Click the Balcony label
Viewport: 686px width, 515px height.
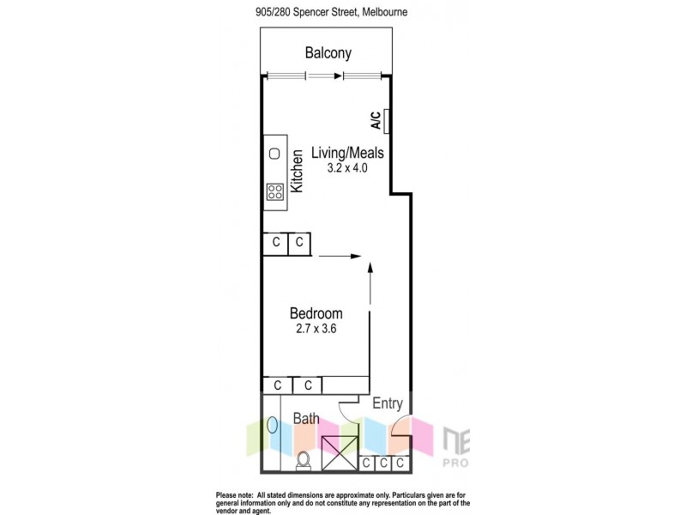click(328, 53)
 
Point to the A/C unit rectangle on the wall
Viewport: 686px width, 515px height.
click(388, 121)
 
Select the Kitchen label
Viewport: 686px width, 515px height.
click(298, 171)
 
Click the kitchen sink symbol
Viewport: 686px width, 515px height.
click(274, 154)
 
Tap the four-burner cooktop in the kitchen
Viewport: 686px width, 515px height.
click(275, 192)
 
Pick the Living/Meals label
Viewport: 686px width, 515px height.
click(347, 153)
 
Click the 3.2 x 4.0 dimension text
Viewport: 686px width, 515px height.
click(347, 168)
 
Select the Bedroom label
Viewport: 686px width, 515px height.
click(316, 313)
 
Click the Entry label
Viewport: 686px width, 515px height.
click(387, 403)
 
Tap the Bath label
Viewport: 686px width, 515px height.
click(306, 419)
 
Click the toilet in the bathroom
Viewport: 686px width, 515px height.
click(302, 461)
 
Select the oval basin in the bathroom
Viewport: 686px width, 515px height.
click(273, 424)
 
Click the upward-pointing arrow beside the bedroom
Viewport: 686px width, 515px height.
click(371, 283)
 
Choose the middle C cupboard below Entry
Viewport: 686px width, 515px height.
click(382, 463)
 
